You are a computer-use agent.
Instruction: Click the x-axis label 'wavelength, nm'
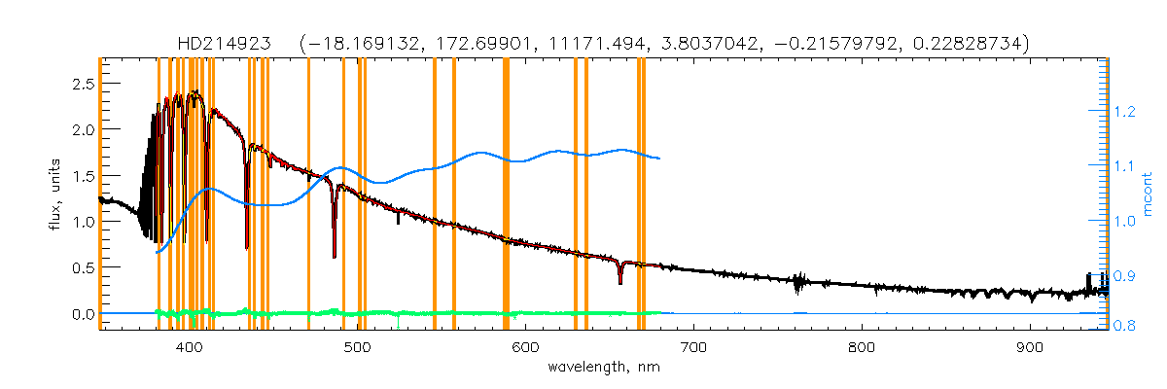603,368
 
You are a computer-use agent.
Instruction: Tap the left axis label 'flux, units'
57,194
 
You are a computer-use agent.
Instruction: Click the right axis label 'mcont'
1148,194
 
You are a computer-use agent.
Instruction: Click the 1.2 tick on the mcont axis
1126,113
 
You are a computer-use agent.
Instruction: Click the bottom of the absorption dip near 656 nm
620,283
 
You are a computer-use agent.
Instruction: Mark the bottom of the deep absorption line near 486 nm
335,257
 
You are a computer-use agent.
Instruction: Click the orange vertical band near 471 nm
308,194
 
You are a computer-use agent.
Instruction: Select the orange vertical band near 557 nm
454,194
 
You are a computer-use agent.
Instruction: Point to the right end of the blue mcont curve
660,158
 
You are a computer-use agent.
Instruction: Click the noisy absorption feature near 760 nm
797,286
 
